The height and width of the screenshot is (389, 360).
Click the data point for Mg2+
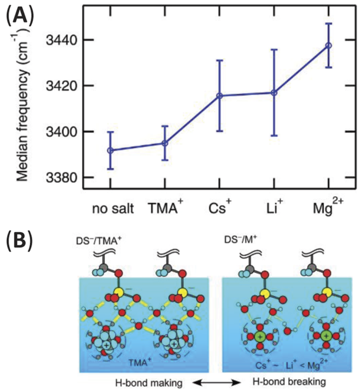328,45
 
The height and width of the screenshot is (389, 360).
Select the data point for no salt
110,150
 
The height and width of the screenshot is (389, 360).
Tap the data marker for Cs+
219,96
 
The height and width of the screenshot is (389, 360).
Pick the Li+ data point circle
274,93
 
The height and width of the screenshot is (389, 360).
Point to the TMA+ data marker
165,143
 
